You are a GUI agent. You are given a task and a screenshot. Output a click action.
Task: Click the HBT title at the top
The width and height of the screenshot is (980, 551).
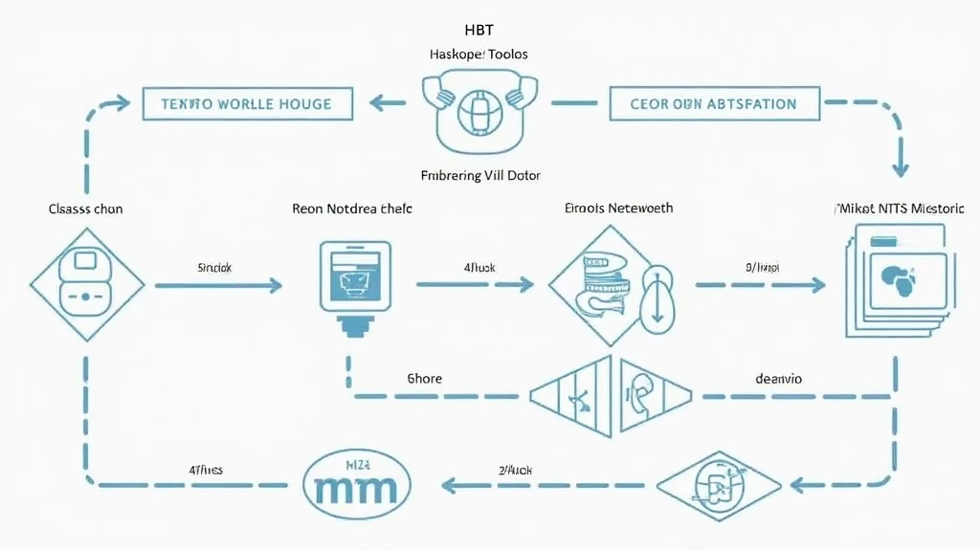(x=477, y=31)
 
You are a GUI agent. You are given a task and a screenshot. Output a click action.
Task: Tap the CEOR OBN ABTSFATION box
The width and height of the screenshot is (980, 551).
(x=714, y=103)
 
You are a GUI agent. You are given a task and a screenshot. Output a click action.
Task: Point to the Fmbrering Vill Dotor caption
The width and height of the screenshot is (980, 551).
(x=480, y=176)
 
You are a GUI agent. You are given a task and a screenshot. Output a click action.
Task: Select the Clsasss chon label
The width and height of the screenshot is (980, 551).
(x=85, y=208)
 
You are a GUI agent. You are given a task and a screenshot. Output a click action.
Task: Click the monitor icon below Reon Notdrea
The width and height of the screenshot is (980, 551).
(x=354, y=279)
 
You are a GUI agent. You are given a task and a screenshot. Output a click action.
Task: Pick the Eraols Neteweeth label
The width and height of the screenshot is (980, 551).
(x=618, y=208)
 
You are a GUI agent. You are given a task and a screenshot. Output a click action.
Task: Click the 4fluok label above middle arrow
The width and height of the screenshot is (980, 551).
(x=479, y=268)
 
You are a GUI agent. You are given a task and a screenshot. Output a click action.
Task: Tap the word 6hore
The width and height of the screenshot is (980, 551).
(x=424, y=378)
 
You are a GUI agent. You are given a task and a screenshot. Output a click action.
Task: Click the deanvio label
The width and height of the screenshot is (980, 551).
(x=778, y=378)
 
